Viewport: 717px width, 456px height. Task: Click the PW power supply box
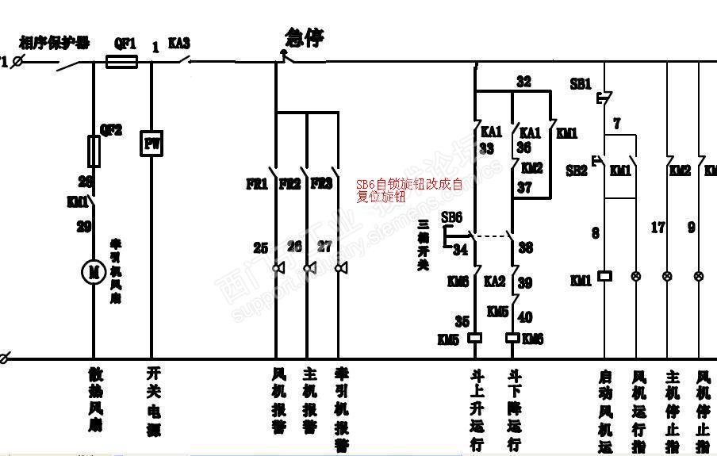151,144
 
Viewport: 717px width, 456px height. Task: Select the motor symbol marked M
94,272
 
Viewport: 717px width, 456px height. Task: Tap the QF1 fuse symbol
122,60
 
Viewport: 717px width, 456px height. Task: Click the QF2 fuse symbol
94,151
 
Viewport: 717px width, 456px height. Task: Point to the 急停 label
304,37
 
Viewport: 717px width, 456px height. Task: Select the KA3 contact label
178,44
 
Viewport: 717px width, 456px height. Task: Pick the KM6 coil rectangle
512,337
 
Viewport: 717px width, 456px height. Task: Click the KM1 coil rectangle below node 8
604,276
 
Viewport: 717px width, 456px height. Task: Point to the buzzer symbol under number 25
278,268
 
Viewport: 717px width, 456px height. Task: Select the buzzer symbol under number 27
341,268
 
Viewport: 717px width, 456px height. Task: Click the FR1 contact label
256,184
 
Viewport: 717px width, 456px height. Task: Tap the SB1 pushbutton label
581,83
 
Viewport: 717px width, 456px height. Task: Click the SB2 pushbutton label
577,171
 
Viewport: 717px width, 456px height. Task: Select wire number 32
523,81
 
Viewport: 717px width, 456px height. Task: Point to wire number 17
658,228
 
